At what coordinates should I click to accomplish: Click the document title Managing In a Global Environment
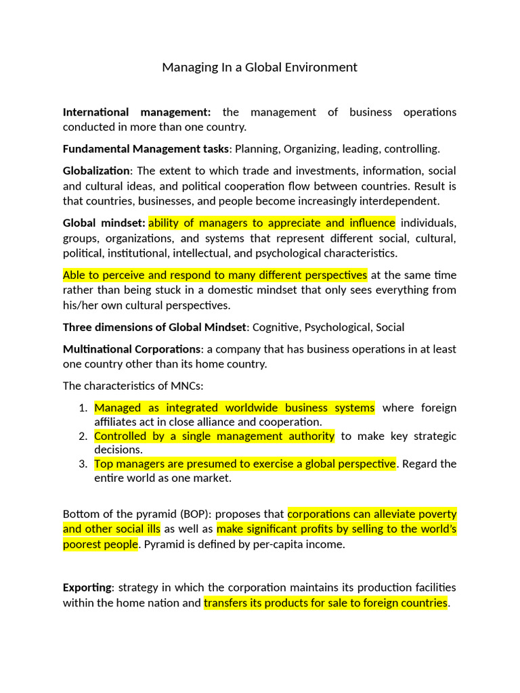point(259,67)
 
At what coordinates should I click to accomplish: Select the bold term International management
point(137,112)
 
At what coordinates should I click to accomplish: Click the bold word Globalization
point(95,171)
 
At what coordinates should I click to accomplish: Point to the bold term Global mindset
point(104,223)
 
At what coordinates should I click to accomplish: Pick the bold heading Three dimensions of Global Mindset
point(154,328)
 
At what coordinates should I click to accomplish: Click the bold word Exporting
point(87,587)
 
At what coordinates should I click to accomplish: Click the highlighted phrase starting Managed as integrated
point(234,408)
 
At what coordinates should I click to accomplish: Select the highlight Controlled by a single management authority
point(214,437)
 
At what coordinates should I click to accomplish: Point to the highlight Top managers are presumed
point(244,464)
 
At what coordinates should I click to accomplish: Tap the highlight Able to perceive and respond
point(215,275)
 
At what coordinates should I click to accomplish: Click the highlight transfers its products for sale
point(326,602)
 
